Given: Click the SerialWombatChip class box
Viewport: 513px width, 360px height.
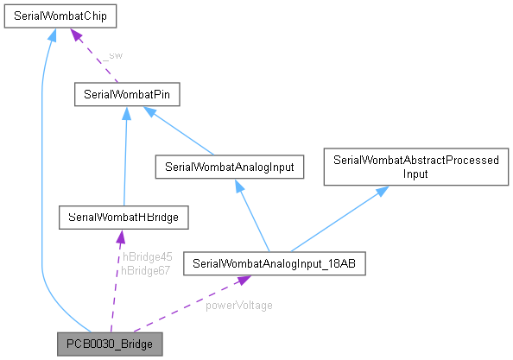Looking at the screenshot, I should pos(60,16).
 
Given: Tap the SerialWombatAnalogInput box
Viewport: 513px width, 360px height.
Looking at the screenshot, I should pos(229,167).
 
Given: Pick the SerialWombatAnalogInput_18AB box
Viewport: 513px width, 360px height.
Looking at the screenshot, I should pos(274,262).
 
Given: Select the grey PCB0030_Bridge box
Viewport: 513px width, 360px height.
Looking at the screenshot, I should pos(110,344).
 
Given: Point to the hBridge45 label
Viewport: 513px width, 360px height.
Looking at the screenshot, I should pos(147,256).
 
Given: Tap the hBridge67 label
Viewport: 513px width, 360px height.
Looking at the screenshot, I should pos(147,270).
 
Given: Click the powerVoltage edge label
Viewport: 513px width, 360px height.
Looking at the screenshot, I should pos(239,305).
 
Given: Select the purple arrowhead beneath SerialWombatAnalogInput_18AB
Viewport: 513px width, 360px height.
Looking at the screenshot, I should pos(244,281).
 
